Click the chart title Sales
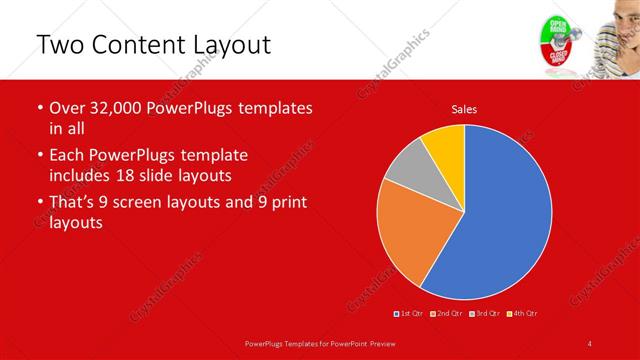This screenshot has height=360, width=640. (464, 108)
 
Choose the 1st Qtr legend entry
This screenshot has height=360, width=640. (410, 315)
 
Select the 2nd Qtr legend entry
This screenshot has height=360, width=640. (447, 315)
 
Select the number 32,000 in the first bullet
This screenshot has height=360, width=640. (112, 108)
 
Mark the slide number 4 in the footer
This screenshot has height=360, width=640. (590, 343)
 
